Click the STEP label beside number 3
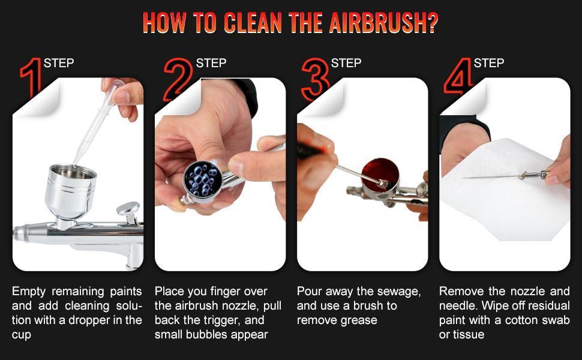point(346,63)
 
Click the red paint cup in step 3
point(380,174)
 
